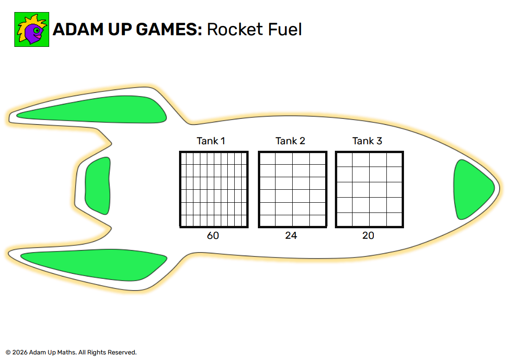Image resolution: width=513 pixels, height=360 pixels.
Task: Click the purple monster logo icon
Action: (32, 29)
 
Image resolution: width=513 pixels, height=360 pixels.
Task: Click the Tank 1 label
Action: (211, 141)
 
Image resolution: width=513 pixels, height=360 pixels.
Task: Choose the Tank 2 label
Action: (290, 141)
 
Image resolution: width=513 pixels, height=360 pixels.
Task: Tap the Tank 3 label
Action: (367, 141)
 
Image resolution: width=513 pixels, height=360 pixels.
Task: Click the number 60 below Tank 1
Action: (213, 236)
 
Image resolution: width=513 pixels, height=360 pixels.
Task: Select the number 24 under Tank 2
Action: (291, 236)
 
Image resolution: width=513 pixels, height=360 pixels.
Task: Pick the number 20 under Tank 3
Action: (368, 236)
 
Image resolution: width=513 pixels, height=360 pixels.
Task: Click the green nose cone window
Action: (472, 189)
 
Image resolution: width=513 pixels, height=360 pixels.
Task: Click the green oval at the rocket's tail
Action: (98, 186)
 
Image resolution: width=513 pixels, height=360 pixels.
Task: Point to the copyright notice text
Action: (71, 353)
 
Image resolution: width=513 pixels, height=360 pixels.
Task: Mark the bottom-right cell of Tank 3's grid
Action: (394, 220)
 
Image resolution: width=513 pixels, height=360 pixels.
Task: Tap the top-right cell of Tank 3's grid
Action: (394, 160)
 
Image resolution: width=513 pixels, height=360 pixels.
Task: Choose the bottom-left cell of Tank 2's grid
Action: (268, 221)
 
